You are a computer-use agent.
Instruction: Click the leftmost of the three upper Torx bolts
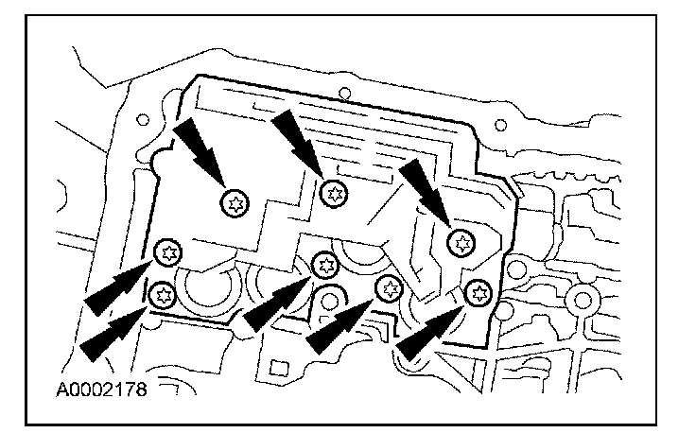pyautogui.click(x=234, y=200)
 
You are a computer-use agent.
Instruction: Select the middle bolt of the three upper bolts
pyautogui.click(x=334, y=193)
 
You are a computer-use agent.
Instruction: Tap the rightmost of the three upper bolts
pyautogui.click(x=461, y=242)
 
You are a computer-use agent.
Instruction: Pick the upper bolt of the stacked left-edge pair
pyautogui.click(x=168, y=251)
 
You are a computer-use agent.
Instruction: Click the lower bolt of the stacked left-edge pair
pyautogui.click(x=162, y=294)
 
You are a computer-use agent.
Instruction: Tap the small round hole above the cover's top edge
pyautogui.click(x=344, y=93)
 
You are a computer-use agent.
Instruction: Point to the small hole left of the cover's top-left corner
pyautogui.click(x=143, y=121)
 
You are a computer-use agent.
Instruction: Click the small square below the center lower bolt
pyautogui.click(x=278, y=365)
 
